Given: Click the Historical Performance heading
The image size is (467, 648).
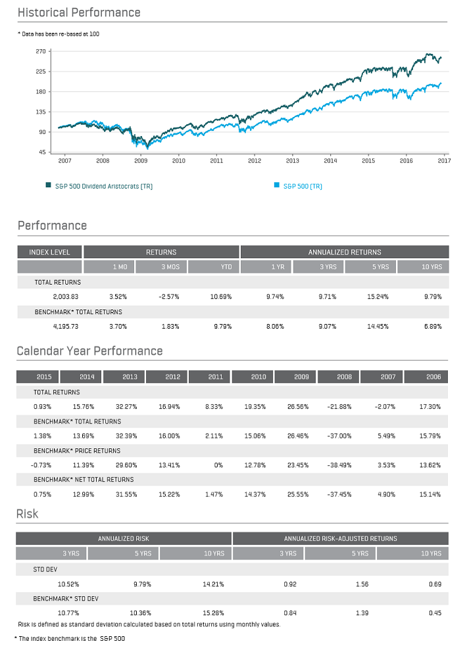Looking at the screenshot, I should (x=79, y=12).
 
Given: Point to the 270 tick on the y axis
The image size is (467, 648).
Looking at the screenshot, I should (x=40, y=51).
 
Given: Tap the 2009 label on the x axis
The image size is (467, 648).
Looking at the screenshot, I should (x=141, y=160).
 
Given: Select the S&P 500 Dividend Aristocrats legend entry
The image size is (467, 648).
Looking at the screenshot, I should (x=99, y=186).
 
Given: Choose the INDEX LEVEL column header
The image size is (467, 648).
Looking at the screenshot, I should (x=49, y=252).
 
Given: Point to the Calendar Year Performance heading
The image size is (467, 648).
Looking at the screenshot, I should (x=89, y=351).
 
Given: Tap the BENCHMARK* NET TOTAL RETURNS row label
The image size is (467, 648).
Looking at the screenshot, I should (x=84, y=480).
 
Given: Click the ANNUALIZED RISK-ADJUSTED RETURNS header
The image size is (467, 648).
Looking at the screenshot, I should (x=341, y=538).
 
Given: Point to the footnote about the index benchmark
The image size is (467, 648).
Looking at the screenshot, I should (x=70, y=638).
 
